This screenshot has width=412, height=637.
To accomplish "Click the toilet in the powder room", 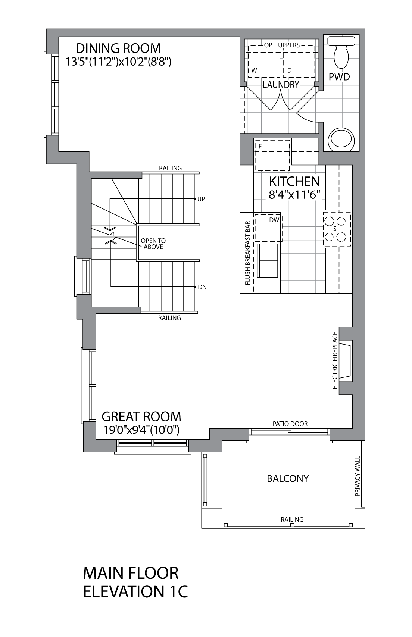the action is [341, 52].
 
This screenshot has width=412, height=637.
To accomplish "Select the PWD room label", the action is [339, 77].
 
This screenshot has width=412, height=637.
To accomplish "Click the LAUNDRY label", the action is [281, 84].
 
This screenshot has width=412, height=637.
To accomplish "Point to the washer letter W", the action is [254, 70].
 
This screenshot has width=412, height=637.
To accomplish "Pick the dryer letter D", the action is [289, 70].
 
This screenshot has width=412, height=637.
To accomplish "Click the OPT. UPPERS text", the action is [282, 45].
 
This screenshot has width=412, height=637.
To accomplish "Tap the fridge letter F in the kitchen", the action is [260, 146].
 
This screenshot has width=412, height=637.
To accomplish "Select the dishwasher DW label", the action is [274, 220].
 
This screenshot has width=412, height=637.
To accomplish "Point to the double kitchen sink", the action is [268, 260].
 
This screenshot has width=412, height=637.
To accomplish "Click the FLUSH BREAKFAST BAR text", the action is [247, 253].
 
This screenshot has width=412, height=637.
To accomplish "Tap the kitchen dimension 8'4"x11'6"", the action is [294, 195].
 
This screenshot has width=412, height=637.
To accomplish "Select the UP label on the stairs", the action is [201, 199].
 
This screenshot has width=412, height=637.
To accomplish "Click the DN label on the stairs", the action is [202, 287].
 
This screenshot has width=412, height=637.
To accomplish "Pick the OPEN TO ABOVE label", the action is [153, 244].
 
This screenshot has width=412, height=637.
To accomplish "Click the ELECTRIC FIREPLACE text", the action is [335, 360].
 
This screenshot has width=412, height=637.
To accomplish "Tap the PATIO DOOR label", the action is [290, 424].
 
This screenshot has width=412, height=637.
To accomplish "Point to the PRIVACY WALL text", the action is [358, 476].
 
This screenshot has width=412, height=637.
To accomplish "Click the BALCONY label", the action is [288, 478].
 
